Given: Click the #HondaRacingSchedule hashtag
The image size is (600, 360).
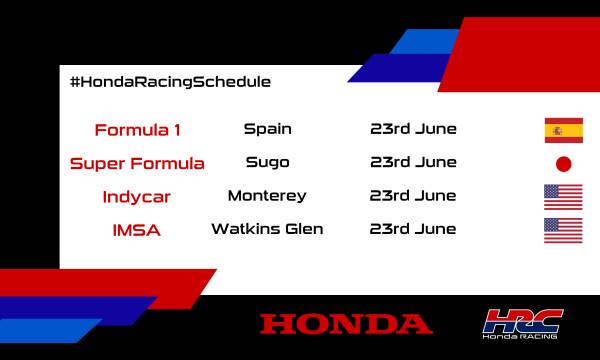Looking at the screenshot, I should [170, 81].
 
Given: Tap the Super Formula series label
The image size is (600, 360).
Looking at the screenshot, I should [138, 163].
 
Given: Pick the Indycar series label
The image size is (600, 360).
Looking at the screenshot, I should [138, 197].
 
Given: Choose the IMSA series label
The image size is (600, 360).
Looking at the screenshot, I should [138, 231].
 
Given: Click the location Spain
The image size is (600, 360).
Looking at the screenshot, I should [267, 129].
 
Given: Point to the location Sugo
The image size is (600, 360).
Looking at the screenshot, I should [267, 162].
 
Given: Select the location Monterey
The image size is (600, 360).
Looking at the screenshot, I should [267, 196].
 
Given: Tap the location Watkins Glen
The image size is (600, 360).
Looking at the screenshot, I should [267, 229].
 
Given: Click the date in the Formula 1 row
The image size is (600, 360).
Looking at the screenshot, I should [413, 129].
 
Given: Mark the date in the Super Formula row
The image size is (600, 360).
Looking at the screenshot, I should [413, 162].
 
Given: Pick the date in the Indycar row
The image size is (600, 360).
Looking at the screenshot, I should [413, 196].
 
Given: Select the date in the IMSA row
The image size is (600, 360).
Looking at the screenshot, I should [413, 229].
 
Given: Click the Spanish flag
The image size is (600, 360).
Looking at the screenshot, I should [563, 130].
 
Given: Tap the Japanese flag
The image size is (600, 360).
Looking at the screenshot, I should [563, 164].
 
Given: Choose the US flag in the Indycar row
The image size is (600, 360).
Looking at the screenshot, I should [563, 197].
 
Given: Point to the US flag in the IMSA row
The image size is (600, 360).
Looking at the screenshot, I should [563, 231].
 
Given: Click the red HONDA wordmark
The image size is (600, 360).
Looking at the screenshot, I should [346, 324].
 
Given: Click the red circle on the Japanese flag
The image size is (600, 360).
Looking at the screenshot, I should [563, 164].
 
